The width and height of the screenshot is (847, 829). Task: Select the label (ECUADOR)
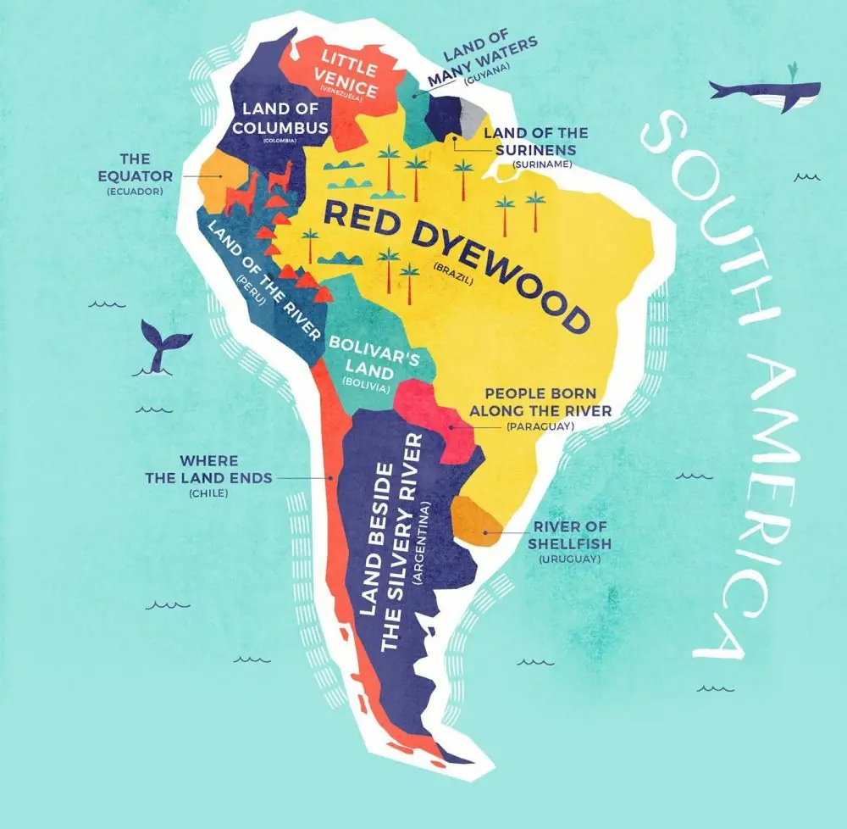point(135,192)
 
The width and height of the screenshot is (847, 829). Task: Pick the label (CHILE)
point(209,492)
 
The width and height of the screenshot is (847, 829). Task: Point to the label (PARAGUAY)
point(540,426)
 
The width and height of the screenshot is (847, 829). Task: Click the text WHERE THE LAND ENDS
point(209,469)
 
